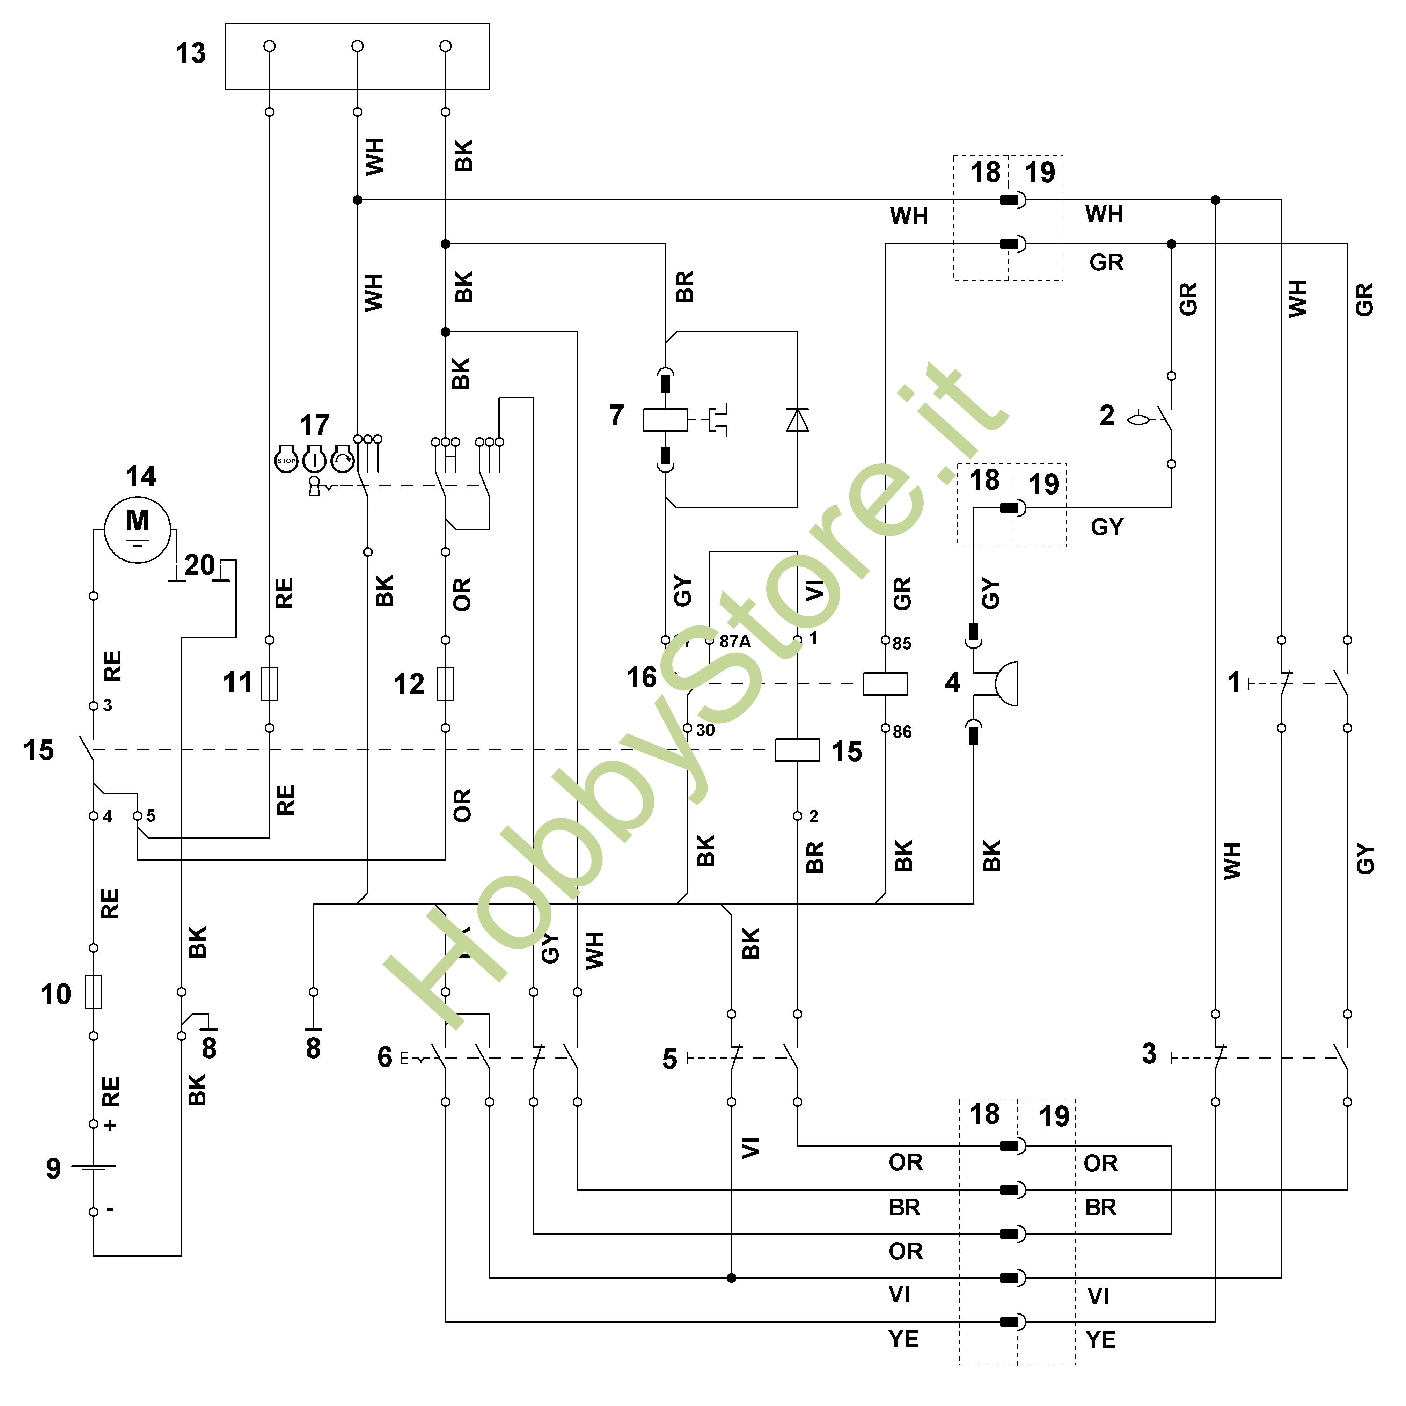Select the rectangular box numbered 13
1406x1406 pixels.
tap(357, 57)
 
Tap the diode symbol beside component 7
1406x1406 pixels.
tap(798, 420)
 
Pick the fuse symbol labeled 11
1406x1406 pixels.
tap(269, 683)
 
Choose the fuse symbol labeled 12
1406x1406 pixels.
tap(445, 683)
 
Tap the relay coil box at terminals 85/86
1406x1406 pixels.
tap(885, 684)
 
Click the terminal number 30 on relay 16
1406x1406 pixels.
tap(705, 730)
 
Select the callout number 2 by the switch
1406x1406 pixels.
tap(1106, 416)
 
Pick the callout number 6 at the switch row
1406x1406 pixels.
tap(384, 1057)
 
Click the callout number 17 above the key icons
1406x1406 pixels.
tap(314, 424)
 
